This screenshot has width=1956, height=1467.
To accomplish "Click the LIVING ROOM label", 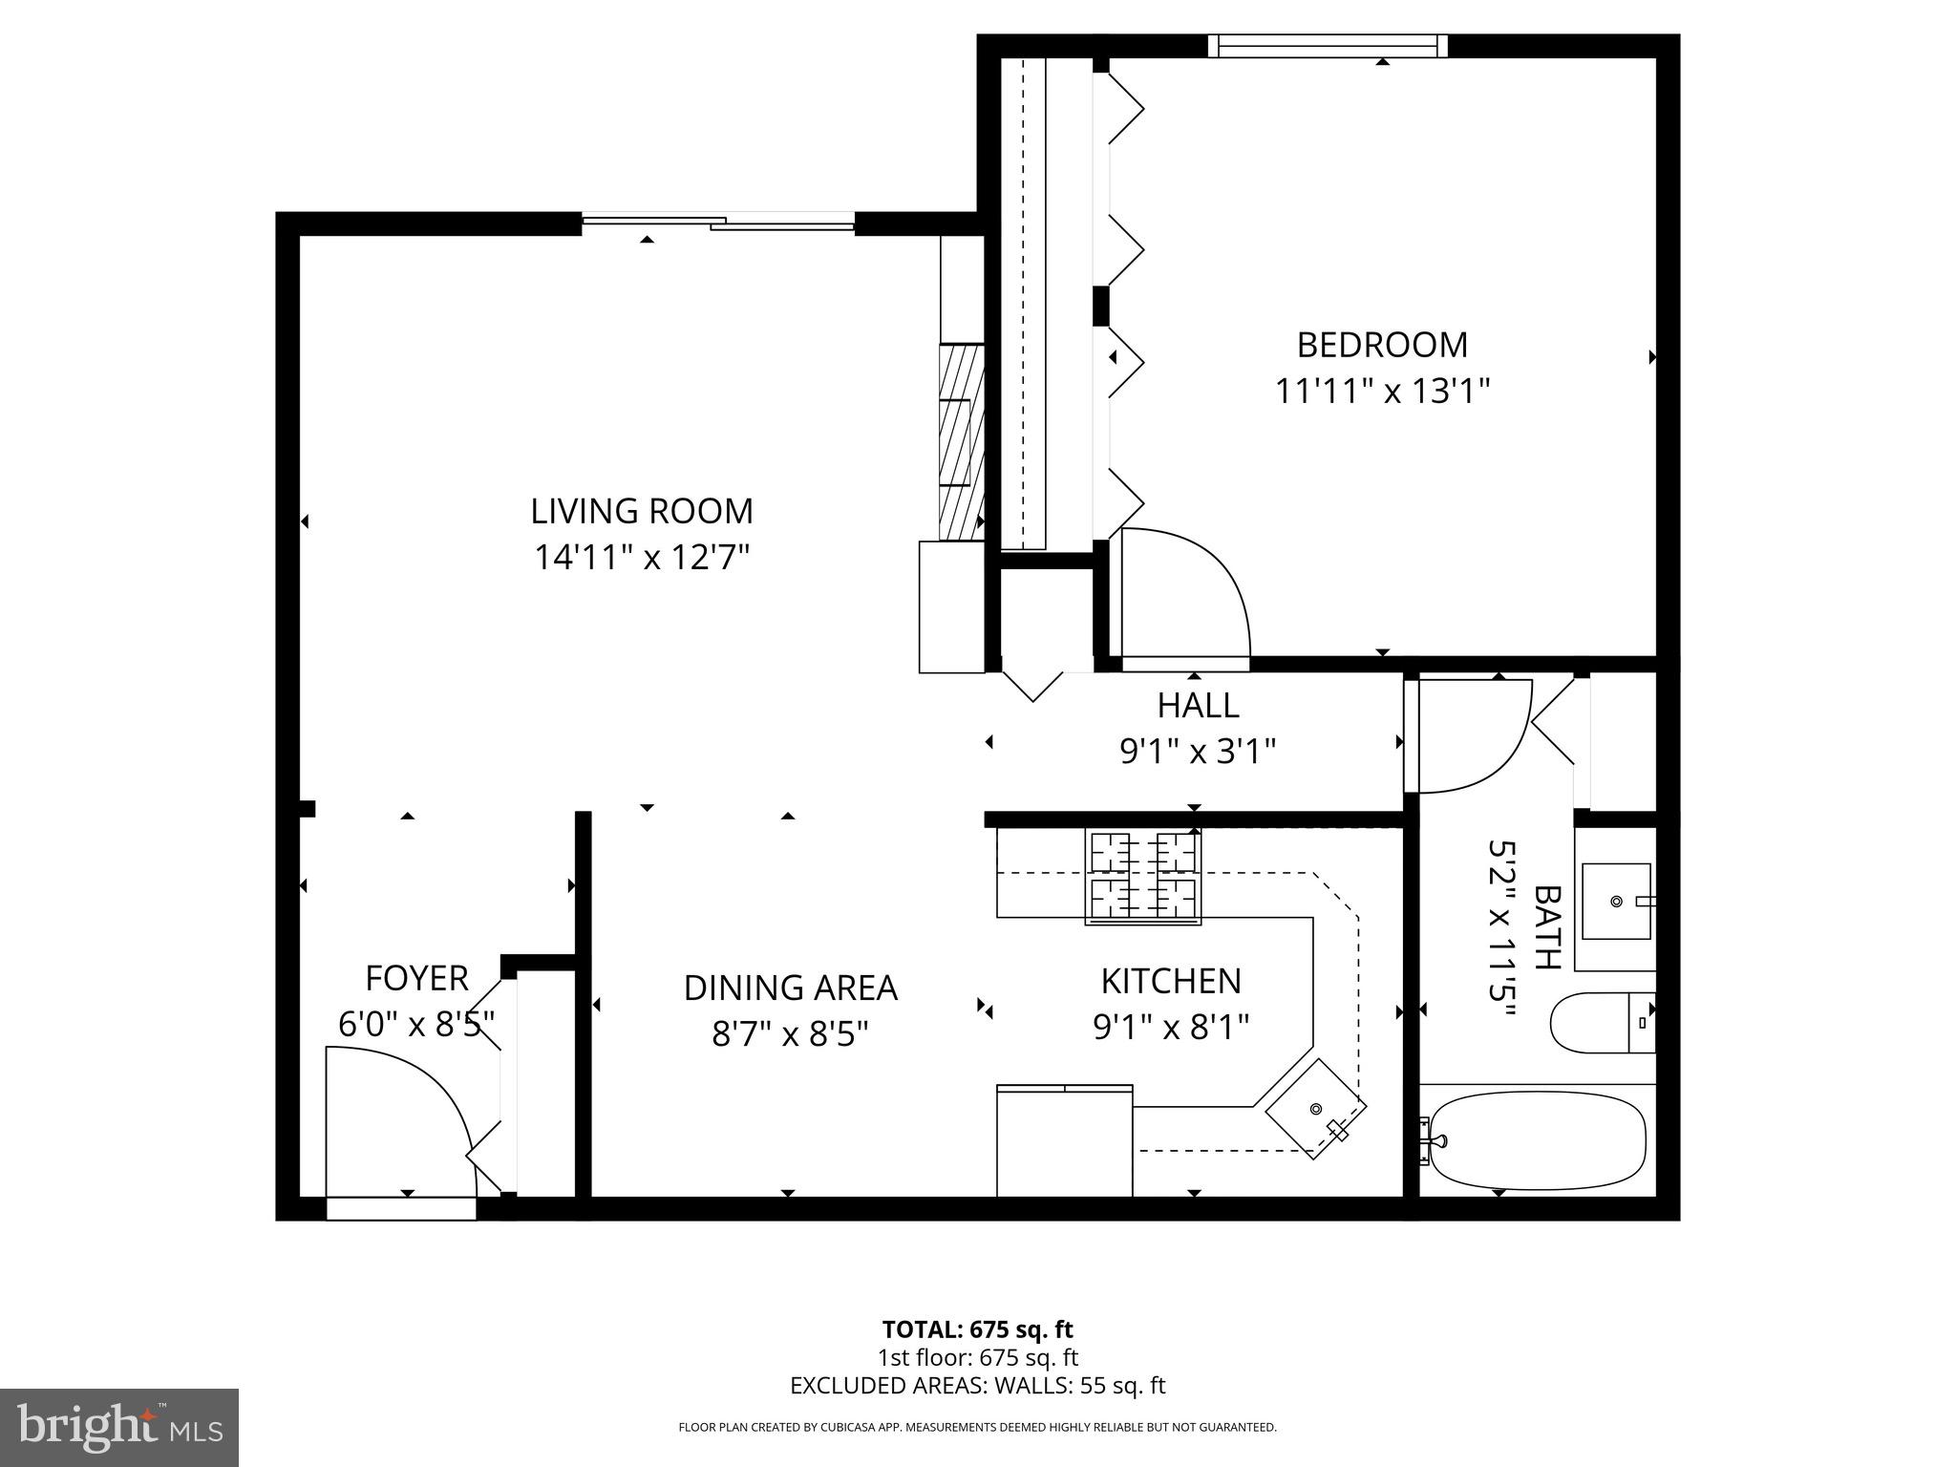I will (x=642, y=511).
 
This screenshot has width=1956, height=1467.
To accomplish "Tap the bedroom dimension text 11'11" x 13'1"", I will (x=1382, y=391).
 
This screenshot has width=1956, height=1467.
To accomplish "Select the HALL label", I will (x=1198, y=706).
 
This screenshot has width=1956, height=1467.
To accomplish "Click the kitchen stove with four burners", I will (x=1142, y=877).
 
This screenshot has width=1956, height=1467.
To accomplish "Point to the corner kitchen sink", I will (x=1315, y=1109).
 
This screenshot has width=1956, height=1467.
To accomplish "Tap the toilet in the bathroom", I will (x=1601, y=1022).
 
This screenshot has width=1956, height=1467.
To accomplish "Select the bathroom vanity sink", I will (x=1616, y=902).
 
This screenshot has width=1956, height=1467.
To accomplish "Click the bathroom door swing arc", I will (x=1471, y=735).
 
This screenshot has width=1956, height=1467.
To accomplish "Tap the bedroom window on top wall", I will (x=1328, y=46).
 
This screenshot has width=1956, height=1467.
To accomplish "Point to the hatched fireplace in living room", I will (x=961, y=442).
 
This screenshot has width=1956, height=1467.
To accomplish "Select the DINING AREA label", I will (x=790, y=988).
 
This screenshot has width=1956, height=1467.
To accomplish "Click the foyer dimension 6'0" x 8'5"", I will (x=416, y=1025).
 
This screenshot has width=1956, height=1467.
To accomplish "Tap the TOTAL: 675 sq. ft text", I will (x=977, y=1329).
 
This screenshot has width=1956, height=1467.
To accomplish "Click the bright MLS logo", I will (x=119, y=1428).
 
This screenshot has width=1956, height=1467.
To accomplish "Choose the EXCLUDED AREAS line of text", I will (x=977, y=1386).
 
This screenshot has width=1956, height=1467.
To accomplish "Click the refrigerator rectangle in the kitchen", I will (x=1064, y=1141).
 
